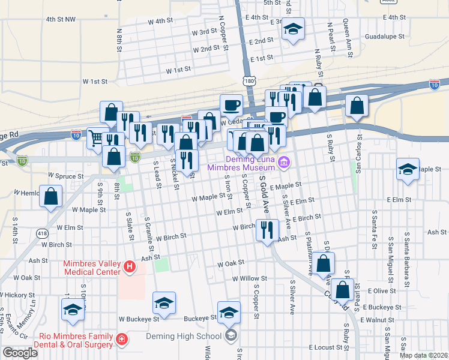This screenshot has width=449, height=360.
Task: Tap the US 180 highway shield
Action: point(248,80)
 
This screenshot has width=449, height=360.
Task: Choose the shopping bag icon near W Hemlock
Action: point(51,196)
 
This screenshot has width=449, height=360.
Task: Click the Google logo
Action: point(20,353)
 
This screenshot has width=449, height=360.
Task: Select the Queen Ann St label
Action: point(346,34)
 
